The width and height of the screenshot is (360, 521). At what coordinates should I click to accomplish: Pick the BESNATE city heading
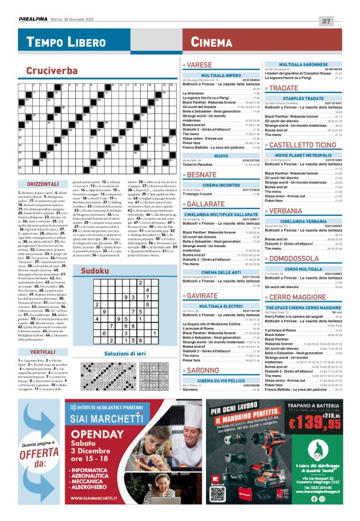pyautogui.click(x=203, y=176)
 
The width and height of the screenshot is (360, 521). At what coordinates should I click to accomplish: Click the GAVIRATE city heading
pyautogui.click(x=204, y=296)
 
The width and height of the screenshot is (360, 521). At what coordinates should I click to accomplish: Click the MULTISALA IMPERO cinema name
pyautogui.click(x=221, y=75)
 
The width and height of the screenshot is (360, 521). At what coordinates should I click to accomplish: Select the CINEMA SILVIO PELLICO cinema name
pyautogui.click(x=221, y=380)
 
